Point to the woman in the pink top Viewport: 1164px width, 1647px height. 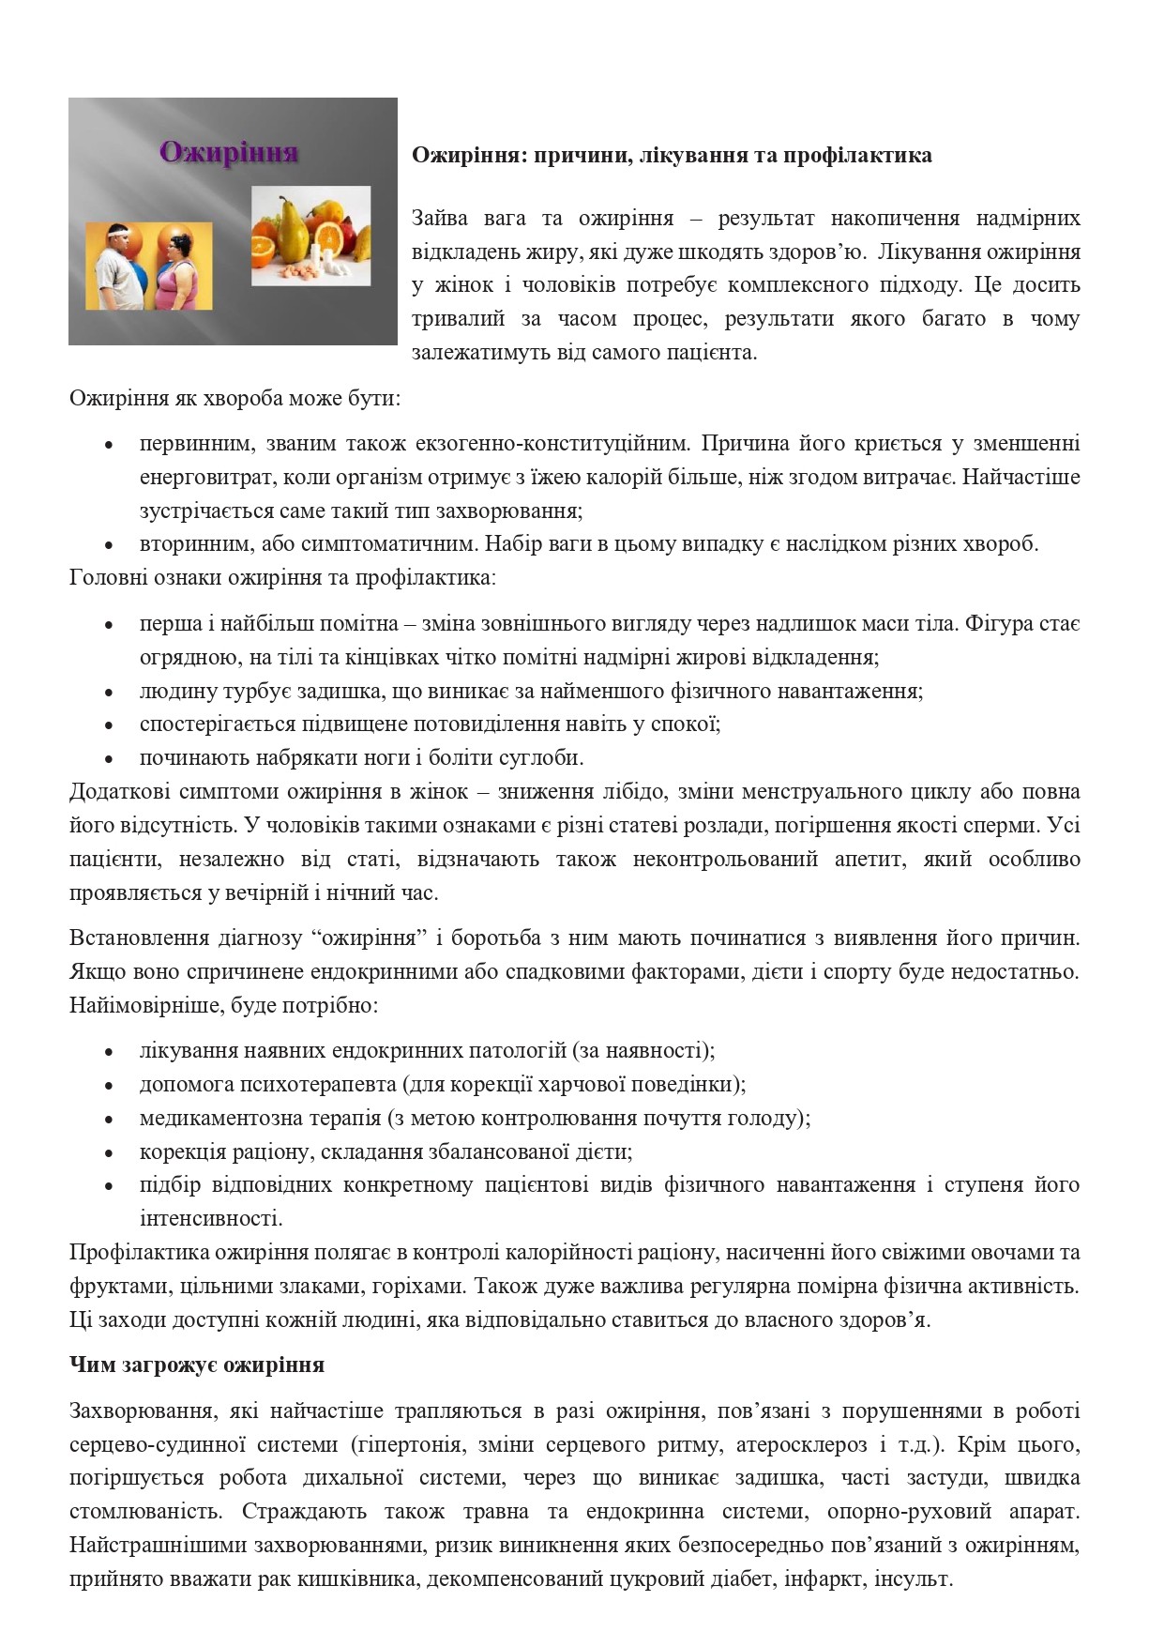coord(180,272)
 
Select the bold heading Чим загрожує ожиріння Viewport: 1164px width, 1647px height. coord(197,1365)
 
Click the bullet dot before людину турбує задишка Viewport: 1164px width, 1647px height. coord(110,693)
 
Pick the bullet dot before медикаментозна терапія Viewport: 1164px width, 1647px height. coord(110,1120)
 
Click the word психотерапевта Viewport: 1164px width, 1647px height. coord(318,1085)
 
